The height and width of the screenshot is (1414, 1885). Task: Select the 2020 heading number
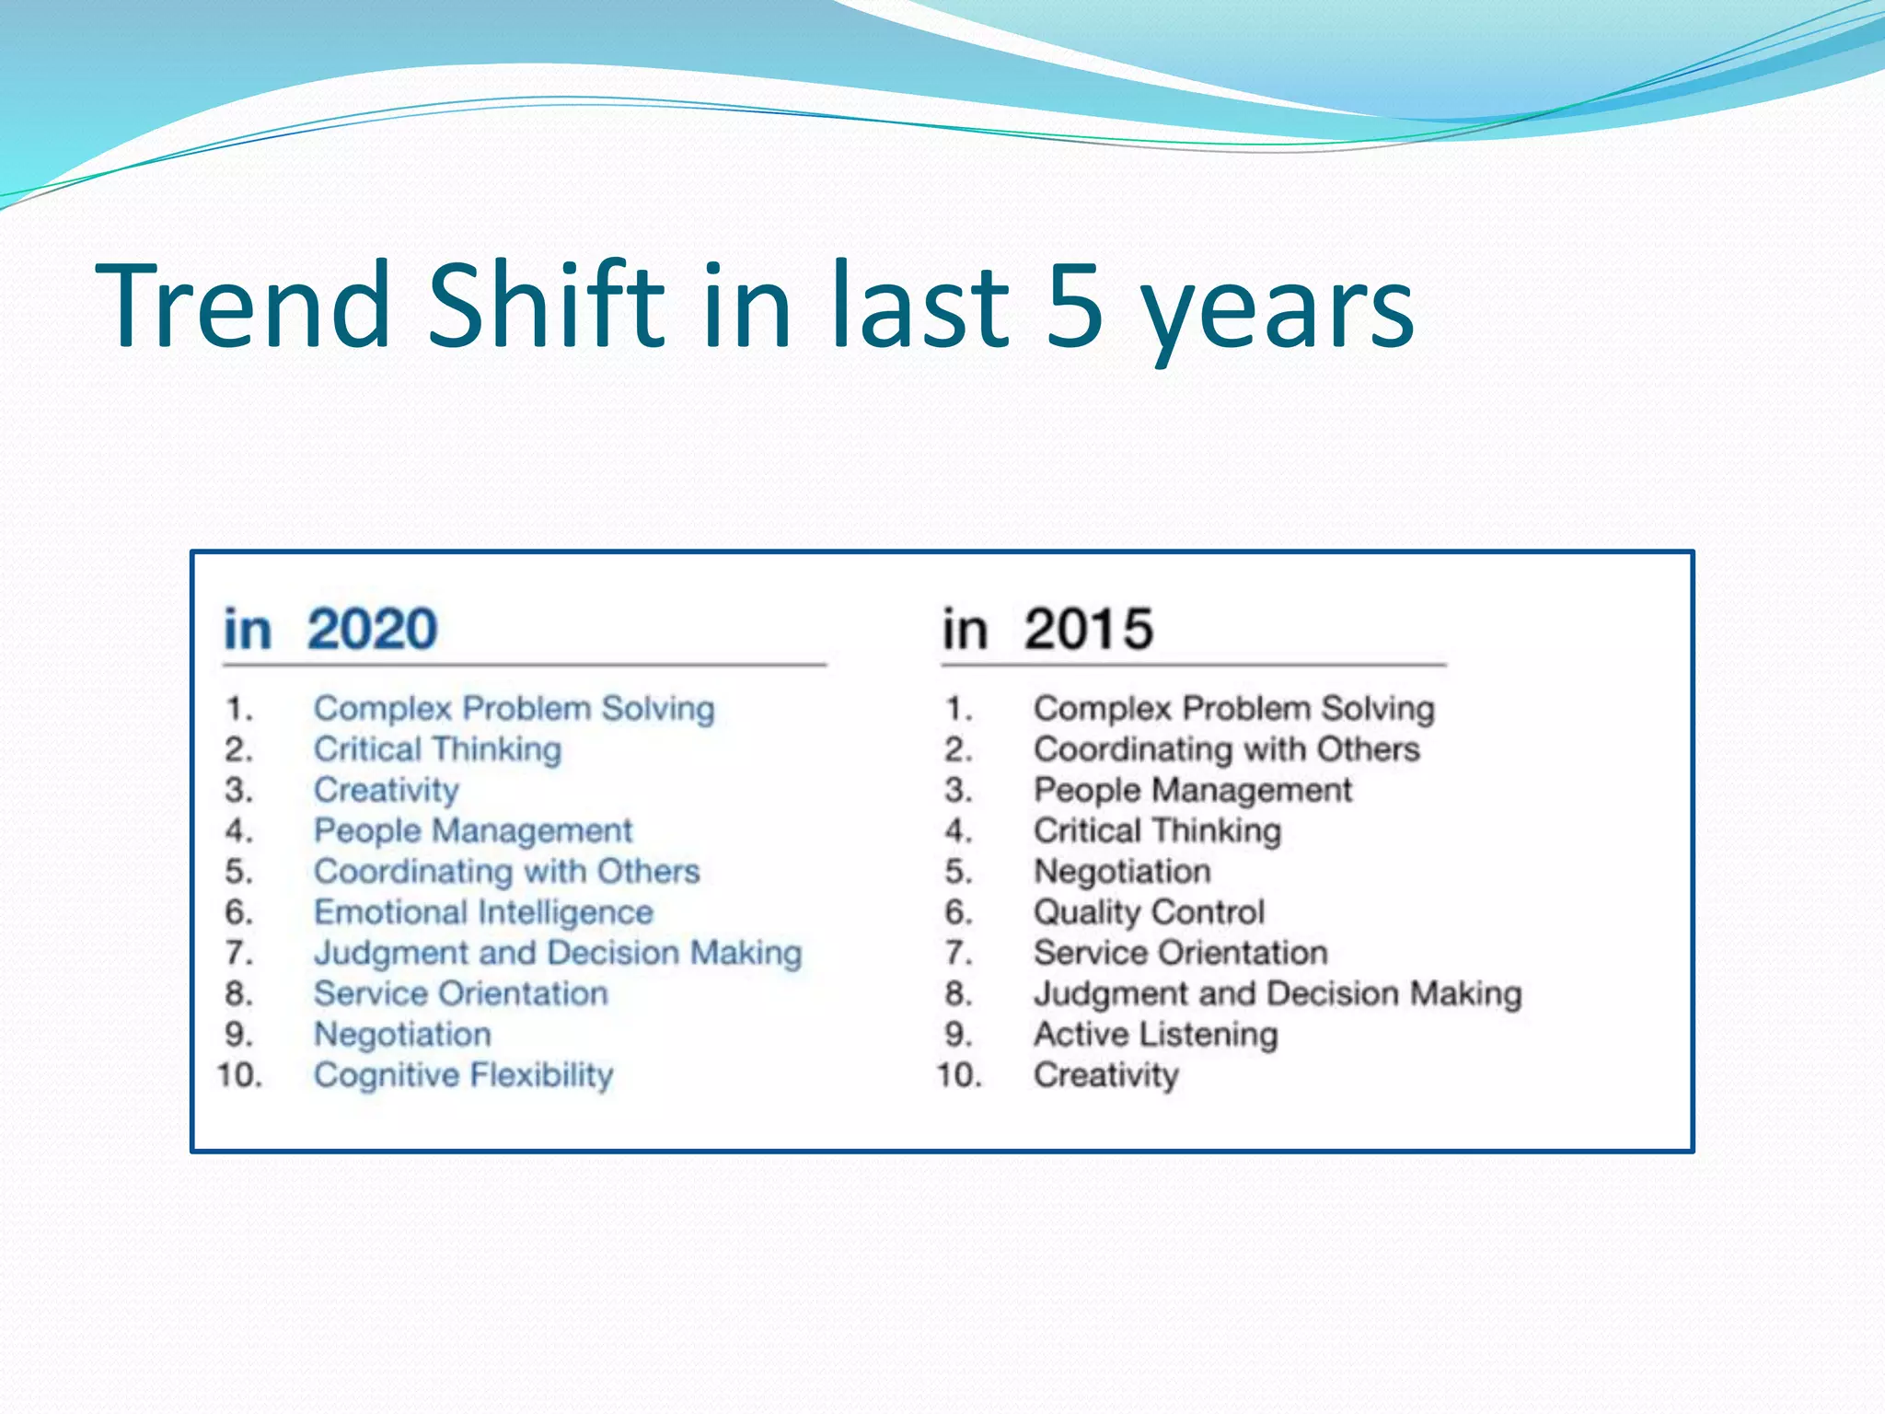coord(372,630)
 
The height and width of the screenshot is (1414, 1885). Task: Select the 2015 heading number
coord(1089,630)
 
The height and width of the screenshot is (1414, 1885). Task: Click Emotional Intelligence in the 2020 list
coord(483,912)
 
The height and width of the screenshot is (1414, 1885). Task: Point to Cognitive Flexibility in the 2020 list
coord(463,1075)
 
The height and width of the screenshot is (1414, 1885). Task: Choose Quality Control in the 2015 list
coord(1149,912)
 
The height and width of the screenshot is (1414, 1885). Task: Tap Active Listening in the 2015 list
coord(1155,1035)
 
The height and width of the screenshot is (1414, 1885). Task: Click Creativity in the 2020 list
coord(386,790)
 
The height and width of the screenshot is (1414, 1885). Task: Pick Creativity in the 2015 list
coord(1105,1075)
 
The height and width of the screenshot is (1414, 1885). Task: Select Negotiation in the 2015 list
coord(1122,872)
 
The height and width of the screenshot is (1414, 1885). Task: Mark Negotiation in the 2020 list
coord(402,1035)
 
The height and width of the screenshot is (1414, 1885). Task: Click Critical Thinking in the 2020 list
coord(437,749)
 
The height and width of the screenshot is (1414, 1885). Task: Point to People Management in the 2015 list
coord(1193,790)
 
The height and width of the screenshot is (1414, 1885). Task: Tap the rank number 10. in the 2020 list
coord(239,1075)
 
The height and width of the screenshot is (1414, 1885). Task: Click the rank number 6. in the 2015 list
coord(958,912)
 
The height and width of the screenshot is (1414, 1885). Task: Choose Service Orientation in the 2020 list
coord(460,994)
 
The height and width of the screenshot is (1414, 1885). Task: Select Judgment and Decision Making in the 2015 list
coord(1278,994)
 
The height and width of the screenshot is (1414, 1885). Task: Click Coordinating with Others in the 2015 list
coord(1226,749)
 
